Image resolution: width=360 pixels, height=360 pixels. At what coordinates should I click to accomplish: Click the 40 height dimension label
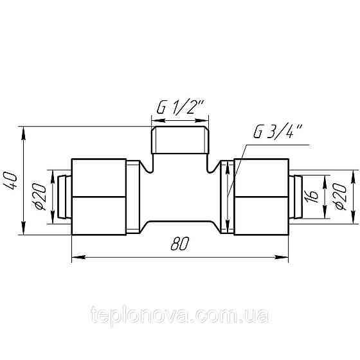(x=11, y=181)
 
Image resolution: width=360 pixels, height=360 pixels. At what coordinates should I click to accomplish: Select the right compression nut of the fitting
(x=260, y=197)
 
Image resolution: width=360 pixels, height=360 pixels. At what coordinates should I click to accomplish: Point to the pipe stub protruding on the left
(x=62, y=197)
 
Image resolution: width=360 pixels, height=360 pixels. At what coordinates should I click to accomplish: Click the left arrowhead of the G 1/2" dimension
(x=155, y=120)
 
